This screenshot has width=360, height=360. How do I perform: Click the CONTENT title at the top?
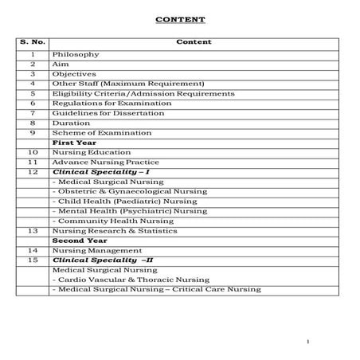tap(179, 19)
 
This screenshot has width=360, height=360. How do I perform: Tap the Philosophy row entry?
tap(76, 54)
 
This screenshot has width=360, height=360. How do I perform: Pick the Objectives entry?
tap(75, 73)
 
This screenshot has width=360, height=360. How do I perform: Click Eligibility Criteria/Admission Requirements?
tap(143, 93)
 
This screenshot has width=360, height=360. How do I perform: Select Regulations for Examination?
tap(108, 103)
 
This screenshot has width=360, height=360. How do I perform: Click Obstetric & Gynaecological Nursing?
tap(130, 190)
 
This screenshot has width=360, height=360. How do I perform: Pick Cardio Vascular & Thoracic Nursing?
tap(131, 279)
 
